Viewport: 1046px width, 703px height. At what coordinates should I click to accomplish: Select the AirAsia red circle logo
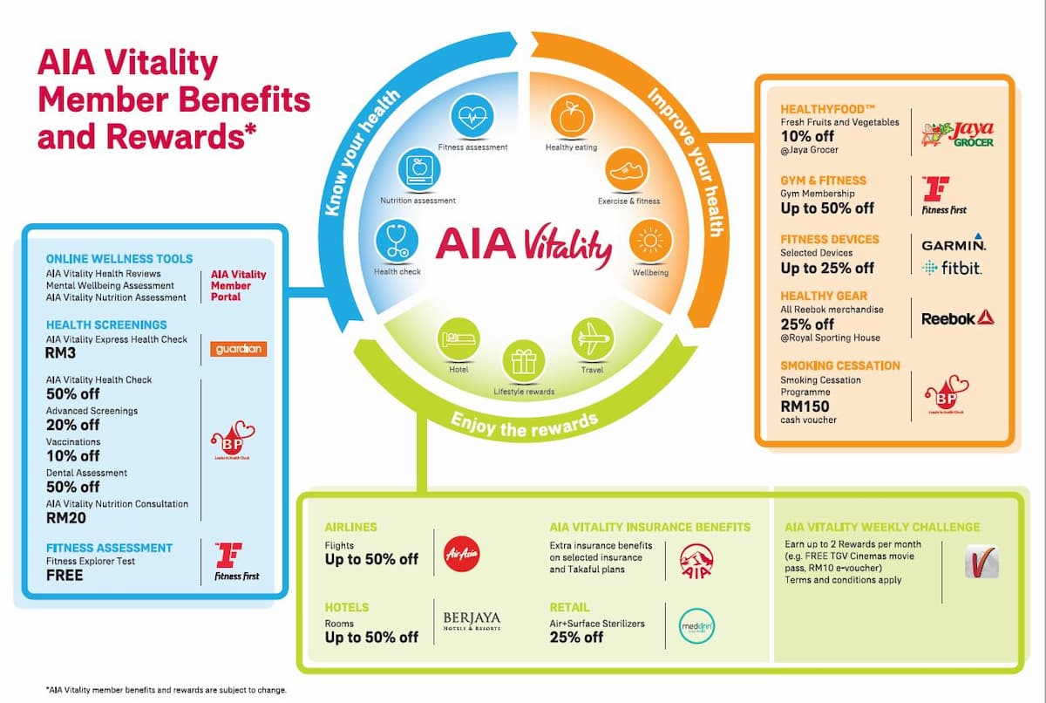[x=461, y=552]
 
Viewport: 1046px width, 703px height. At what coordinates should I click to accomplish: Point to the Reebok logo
[x=958, y=318]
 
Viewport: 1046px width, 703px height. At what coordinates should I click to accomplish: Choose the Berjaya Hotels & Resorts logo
[x=472, y=622]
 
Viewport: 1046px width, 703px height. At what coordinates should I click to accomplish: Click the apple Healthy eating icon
[x=570, y=118]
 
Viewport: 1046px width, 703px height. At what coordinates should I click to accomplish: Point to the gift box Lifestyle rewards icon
[x=523, y=359]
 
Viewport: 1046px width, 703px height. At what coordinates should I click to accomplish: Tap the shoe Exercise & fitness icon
[x=625, y=170]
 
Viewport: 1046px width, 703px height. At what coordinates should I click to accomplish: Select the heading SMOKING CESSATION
[x=840, y=365]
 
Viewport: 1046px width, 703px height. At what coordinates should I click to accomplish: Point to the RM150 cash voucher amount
[x=805, y=406]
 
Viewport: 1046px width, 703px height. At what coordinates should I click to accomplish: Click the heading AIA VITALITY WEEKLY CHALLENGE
[x=882, y=527]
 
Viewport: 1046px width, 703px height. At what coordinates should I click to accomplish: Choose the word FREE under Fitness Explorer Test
[x=65, y=576]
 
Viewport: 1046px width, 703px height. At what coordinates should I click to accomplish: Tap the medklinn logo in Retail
[x=696, y=625]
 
